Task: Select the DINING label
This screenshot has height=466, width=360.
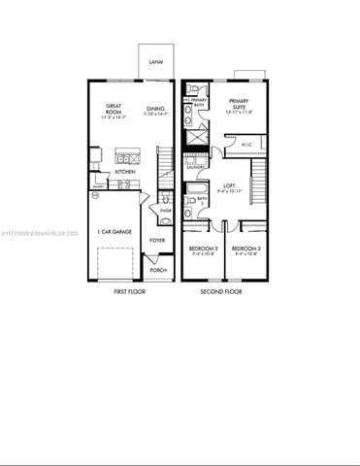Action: pos(155,111)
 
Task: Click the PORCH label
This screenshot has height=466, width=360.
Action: pos(158,270)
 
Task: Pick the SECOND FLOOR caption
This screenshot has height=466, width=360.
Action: pos(221,290)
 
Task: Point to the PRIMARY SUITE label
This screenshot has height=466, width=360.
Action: pos(240,104)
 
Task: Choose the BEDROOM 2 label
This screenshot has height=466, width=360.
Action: pos(203,249)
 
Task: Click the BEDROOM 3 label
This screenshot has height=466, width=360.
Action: pos(246,249)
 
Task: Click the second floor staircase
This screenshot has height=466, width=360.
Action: pos(259,179)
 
